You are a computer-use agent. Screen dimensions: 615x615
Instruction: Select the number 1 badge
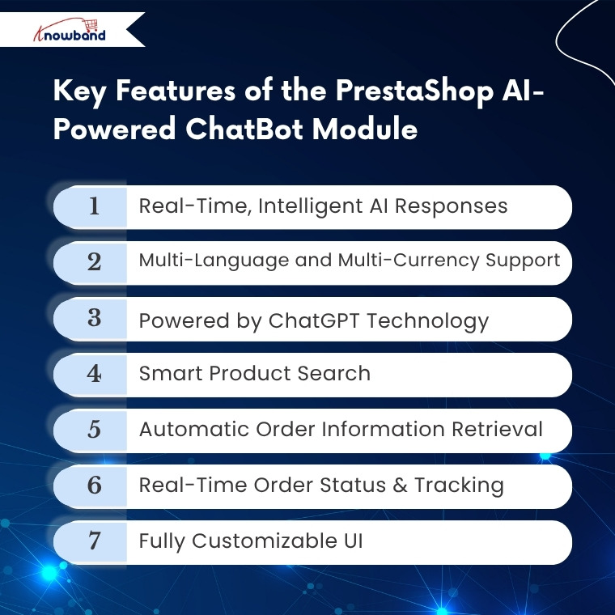pos(94,206)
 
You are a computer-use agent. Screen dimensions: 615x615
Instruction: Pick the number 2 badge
pos(94,262)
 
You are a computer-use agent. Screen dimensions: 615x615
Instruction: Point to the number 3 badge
pos(94,318)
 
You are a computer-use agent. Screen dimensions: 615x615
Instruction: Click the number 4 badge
pos(94,374)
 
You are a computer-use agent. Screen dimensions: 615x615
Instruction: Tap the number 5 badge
pos(94,430)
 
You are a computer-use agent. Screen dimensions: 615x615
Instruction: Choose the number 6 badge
pos(94,486)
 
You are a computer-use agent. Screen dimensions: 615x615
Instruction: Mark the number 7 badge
pos(94,541)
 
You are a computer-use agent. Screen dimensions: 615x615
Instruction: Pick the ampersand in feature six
pos(400,486)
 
